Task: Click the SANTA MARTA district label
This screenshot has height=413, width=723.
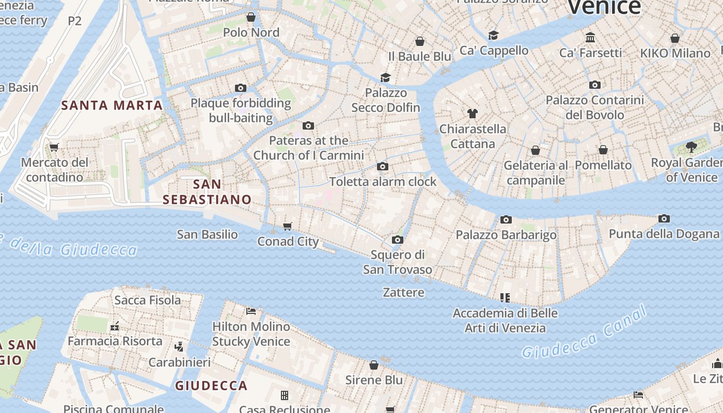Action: point(112,105)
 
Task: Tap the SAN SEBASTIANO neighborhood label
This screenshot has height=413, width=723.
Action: point(207,192)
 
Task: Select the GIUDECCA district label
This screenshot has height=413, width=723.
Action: point(211,385)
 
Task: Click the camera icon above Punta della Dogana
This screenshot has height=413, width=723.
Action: point(664,218)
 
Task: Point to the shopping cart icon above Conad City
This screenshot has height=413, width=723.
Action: point(288,226)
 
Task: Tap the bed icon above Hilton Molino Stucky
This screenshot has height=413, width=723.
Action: point(251,311)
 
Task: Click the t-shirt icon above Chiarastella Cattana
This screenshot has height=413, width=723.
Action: point(473,113)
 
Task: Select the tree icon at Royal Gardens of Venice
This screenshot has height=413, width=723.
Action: point(691,147)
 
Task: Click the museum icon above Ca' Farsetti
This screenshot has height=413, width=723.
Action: point(590,37)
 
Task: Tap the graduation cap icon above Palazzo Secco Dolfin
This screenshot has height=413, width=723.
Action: point(385,77)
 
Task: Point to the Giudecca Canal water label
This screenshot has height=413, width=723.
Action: point(584,332)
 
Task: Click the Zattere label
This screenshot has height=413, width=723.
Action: point(403,292)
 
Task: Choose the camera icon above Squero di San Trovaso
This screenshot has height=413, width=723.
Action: point(397,240)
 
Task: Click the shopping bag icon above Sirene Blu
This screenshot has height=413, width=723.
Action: point(374,365)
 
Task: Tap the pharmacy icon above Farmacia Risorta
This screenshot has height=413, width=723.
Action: point(115,326)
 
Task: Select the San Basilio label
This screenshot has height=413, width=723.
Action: point(207,234)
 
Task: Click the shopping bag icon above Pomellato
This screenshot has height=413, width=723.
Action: point(603,150)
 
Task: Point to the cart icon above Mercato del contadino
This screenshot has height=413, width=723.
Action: point(54,147)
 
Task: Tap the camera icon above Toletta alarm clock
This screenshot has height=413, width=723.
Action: point(383,166)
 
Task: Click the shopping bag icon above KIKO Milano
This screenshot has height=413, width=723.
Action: point(675,38)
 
